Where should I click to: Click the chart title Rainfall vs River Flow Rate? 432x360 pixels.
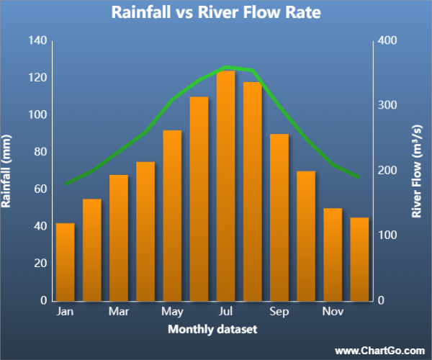tap(216, 14)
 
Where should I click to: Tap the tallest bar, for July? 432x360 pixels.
tap(225, 186)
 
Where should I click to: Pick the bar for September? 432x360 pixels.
tap(279, 217)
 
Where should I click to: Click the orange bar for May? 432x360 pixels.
tap(172, 215)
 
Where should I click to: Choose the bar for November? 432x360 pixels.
tap(333, 254)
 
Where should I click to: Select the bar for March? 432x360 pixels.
tap(119, 238)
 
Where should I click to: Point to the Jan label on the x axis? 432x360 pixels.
tap(66, 312)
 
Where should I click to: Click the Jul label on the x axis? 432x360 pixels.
tap(225, 312)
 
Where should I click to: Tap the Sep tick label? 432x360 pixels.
tap(279, 312)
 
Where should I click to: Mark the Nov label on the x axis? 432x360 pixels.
tap(333, 312)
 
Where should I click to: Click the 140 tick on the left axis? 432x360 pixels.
tap(37, 40)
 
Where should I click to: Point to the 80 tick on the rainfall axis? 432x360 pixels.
tap(40, 152)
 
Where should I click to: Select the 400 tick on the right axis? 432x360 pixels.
tap(388, 40)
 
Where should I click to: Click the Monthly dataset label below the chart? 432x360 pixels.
tap(212, 329)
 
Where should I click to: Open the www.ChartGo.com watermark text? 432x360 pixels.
tap(380, 350)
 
